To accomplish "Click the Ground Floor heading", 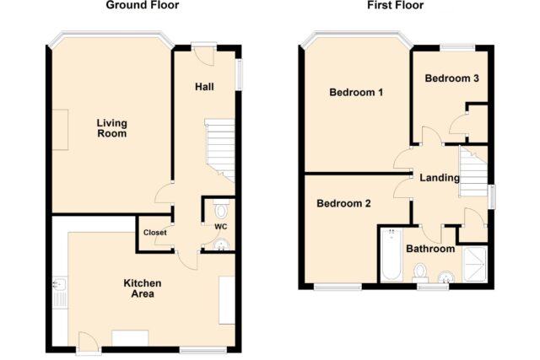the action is click(x=143, y=5).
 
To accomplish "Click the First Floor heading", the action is click(x=396, y=5).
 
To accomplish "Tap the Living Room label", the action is click(x=112, y=128).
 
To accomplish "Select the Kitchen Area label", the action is click(x=143, y=288).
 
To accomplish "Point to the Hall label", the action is click(x=204, y=87).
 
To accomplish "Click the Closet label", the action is click(x=155, y=233).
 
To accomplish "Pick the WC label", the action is click(x=221, y=227).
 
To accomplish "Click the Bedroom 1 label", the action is click(x=356, y=92).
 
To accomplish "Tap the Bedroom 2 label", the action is click(x=343, y=203).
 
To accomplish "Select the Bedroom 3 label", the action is click(x=452, y=78).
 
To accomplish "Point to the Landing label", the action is click(x=440, y=178).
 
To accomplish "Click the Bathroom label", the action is click(x=430, y=249).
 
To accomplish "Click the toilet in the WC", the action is click(x=221, y=208).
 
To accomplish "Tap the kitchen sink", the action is click(x=60, y=293).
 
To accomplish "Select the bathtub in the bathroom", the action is click(x=391, y=254).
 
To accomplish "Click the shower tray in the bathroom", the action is click(x=474, y=264).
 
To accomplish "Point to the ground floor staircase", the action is click(x=220, y=150).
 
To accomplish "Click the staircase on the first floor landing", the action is click(x=473, y=171).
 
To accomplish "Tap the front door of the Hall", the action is click(x=204, y=56).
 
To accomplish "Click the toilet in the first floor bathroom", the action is click(x=420, y=272).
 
